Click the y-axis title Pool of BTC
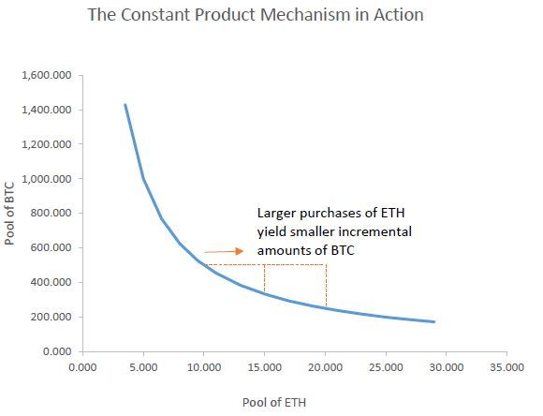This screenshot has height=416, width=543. (12, 213)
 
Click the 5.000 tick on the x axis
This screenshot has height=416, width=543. (142, 368)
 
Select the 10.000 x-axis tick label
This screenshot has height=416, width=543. (202, 368)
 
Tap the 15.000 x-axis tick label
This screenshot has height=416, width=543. (263, 368)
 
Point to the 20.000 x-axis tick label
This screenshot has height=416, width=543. (324, 368)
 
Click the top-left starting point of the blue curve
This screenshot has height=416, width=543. (125, 105)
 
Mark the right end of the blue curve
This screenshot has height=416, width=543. (433, 322)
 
